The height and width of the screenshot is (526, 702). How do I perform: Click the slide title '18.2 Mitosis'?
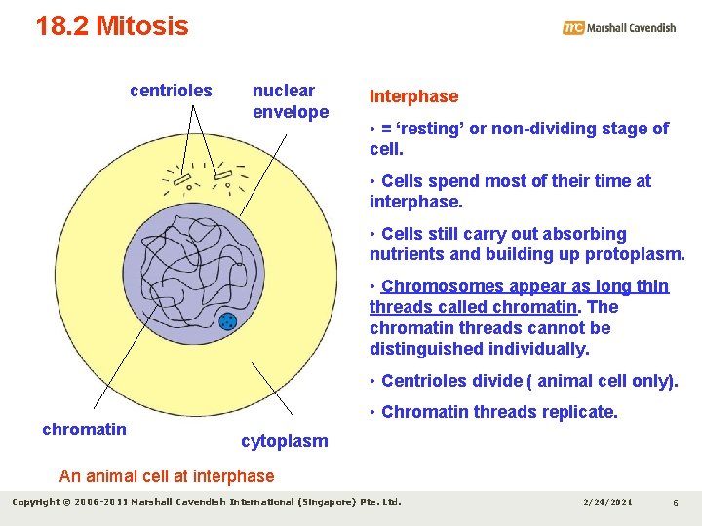(x=112, y=26)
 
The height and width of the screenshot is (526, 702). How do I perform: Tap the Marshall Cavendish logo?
(x=619, y=28)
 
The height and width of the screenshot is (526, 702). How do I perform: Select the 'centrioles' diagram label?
(x=171, y=91)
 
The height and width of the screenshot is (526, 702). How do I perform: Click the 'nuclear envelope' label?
(x=290, y=101)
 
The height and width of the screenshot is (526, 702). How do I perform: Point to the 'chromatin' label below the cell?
(x=84, y=430)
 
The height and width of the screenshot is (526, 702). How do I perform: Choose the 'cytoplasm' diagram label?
(x=285, y=441)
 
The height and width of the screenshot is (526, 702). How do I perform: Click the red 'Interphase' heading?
(x=413, y=96)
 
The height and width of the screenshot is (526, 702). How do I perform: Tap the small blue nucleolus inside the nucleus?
(x=227, y=321)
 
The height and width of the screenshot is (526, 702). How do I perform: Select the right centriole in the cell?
(x=222, y=175)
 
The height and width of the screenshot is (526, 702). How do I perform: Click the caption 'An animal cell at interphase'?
(x=167, y=476)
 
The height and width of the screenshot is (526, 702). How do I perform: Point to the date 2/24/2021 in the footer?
(x=606, y=502)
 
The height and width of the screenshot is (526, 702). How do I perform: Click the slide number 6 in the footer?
(x=675, y=502)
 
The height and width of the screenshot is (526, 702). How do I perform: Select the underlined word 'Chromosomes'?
(x=443, y=286)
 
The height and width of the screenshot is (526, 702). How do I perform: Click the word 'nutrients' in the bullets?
(x=405, y=255)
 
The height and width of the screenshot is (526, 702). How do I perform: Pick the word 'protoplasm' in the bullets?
(x=635, y=255)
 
